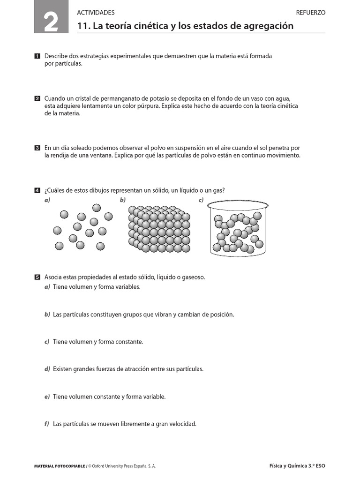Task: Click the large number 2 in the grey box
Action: point(51,22)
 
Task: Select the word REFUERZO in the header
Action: point(310,13)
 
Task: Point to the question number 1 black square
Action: point(37,56)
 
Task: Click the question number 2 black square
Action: point(37,99)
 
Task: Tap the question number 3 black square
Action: point(37,148)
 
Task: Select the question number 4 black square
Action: point(37,190)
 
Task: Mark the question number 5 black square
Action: point(37,277)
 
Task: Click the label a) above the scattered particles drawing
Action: point(47,200)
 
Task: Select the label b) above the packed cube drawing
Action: point(123,200)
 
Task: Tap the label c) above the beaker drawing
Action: point(201,200)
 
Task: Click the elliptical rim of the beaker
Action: point(238,205)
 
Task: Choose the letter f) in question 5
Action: point(47,424)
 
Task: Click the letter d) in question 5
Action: point(47,369)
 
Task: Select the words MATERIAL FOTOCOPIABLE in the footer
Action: point(60,466)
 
